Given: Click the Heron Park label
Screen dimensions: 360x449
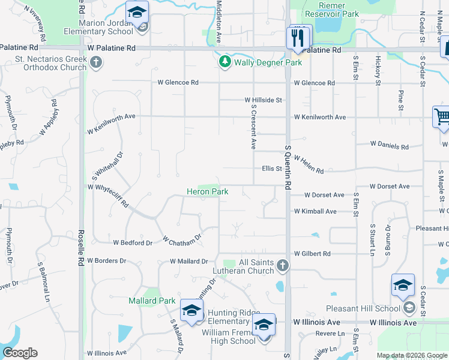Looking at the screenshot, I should (x=206, y=192).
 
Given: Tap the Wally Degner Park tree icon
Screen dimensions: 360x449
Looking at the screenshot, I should (x=224, y=62).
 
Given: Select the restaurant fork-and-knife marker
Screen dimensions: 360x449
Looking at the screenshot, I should (x=298, y=37).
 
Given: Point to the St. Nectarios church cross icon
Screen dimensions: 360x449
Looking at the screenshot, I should (x=96, y=62).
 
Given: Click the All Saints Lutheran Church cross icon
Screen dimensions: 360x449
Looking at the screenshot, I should (x=283, y=265).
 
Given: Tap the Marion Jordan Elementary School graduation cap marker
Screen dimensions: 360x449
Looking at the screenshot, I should (x=137, y=13).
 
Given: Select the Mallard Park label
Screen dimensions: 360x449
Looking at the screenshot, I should (x=152, y=301).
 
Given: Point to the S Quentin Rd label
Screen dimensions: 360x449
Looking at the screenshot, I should (x=288, y=168).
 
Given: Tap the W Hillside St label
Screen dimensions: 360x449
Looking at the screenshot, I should (x=263, y=100).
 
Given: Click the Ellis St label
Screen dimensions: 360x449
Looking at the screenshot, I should (x=272, y=169).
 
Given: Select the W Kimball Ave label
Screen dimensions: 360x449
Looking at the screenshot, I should (x=315, y=211).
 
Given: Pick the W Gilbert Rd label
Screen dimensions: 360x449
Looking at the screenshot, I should (x=312, y=254).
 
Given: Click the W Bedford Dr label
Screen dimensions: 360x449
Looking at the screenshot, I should (x=133, y=242).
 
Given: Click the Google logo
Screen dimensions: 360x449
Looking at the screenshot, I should (x=20, y=353).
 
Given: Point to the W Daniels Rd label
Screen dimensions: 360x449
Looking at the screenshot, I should (x=389, y=145).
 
